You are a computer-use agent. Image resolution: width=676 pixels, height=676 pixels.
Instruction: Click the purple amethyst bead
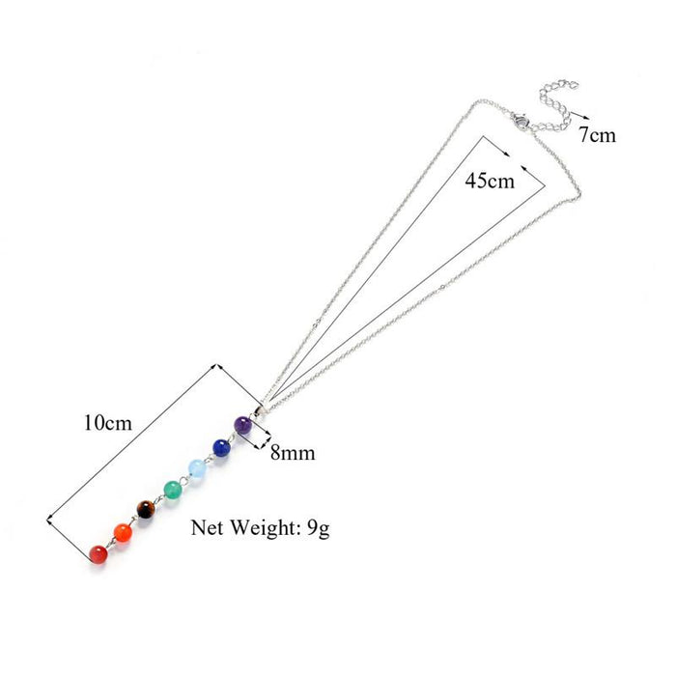click(242, 425)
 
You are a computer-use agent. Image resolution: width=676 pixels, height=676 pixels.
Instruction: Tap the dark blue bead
click(221, 447)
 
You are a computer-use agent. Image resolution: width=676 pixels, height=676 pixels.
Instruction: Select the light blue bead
click(197, 468)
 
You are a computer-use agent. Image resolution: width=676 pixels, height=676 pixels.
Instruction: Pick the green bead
click(173, 490)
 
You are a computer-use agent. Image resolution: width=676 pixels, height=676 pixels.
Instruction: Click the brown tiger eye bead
click(146, 510)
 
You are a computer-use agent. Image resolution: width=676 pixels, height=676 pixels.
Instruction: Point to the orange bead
click(123, 533)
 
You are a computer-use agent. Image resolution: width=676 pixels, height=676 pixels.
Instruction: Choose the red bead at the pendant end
click(99, 554)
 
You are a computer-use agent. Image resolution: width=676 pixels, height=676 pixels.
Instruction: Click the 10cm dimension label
click(108, 423)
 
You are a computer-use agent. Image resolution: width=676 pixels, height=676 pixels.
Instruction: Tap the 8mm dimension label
click(293, 453)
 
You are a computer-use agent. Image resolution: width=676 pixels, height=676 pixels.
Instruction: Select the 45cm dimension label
click(490, 181)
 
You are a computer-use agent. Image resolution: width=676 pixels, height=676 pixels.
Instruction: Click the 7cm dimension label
click(598, 135)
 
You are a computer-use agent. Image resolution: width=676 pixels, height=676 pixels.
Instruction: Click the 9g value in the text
click(319, 529)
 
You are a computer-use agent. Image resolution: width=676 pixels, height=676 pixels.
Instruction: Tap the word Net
click(207, 527)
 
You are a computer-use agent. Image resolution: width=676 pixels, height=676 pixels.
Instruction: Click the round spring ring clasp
click(521, 121)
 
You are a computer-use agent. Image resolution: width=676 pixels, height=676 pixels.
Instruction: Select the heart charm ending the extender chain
click(572, 85)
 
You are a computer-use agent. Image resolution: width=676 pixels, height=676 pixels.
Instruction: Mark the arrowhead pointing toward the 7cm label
click(586, 117)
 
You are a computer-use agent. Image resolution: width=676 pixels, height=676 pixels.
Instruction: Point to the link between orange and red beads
click(111, 544)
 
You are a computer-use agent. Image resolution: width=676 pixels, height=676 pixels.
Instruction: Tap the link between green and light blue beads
click(185, 479)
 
